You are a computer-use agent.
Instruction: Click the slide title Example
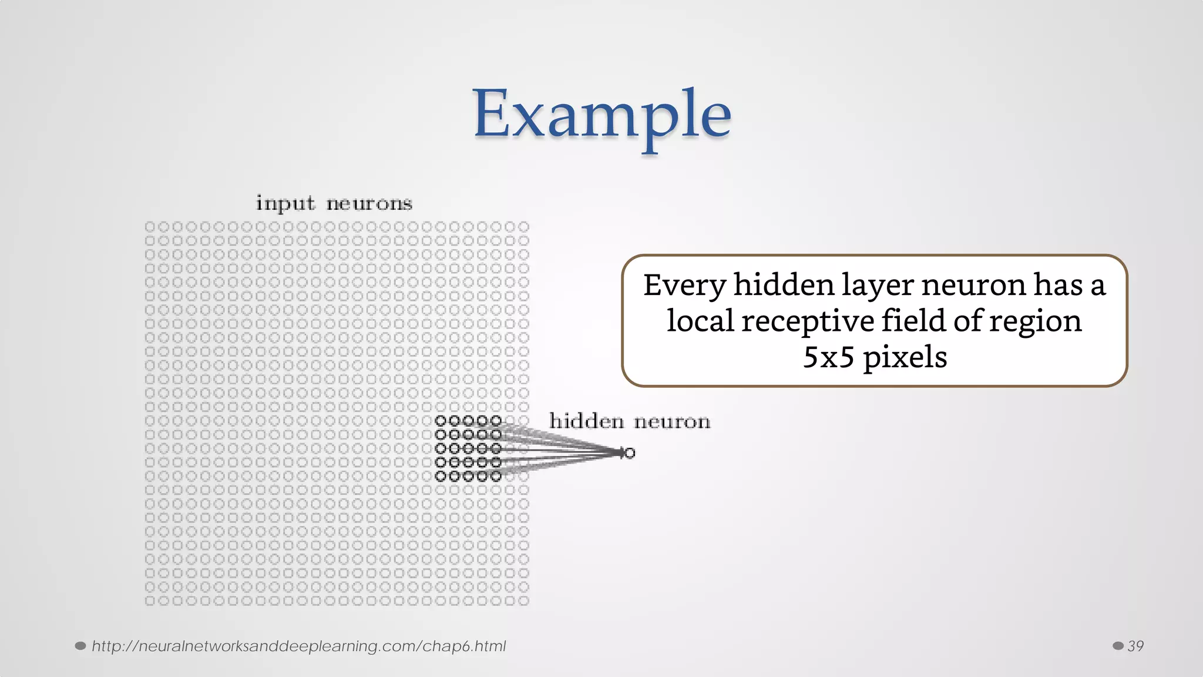[x=602, y=115]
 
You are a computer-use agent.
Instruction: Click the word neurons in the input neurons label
[x=369, y=204]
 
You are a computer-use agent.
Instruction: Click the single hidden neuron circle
[x=630, y=453]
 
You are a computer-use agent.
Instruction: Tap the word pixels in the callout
[x=905, y=357]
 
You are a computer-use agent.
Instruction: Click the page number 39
[x=1135, y=646]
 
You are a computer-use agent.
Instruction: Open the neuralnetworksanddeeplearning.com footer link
[x=298, y=646]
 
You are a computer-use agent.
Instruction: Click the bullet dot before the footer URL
[x=80, y=646]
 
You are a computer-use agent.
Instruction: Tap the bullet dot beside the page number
[x=1118, y=646]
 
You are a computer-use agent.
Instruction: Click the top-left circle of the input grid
[x=150, y=227]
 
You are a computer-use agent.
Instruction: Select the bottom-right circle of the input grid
[x=524, y=601]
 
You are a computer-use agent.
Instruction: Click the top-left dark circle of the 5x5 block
[x=441, y=421]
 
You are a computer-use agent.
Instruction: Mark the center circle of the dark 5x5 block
[x=468, y=448]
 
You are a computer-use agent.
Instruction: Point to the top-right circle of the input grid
[x=524, y=227]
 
